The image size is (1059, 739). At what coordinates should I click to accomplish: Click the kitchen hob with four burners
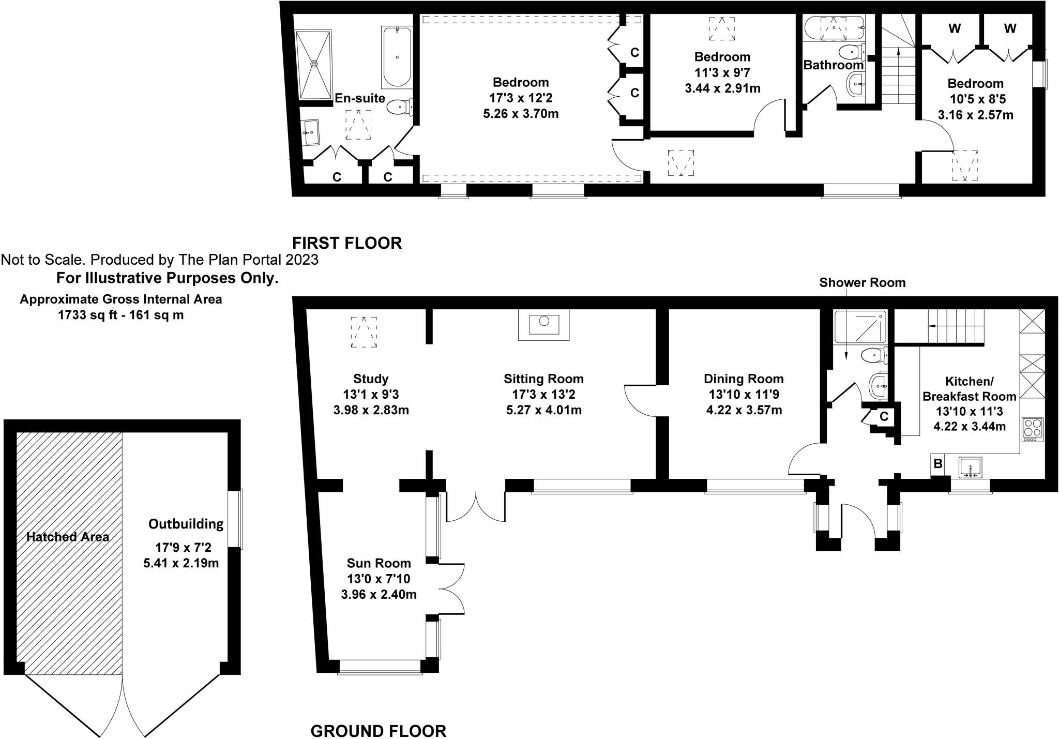[x=1033, y=429]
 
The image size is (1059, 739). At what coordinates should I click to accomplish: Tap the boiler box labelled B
[x=937, y=464]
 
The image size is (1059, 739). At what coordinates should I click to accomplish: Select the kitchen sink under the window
[x=970, y=467]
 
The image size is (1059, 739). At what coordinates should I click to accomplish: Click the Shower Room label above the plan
[x=862, y=282]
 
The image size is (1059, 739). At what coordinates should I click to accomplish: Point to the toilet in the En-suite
[x=400, y=107]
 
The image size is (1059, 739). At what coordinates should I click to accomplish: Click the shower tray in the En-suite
[x=313, y=64]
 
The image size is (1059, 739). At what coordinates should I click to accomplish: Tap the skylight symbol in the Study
[x=364, y=332]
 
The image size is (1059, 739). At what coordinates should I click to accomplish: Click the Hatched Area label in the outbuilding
[x=68, y=537]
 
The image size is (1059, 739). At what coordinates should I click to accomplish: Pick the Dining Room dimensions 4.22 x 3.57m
[x=744, y=411]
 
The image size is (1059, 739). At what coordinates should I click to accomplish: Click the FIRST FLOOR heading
[x=346, y=243]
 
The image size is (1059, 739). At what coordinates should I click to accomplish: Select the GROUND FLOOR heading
[x=378, y=716]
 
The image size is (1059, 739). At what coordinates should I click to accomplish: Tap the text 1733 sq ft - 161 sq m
[x=120, y=314]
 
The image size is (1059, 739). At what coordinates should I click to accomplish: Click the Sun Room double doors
[x=451, y=589]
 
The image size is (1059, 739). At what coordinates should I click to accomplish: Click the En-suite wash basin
[x=311, y=132]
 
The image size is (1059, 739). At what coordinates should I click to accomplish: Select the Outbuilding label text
[x=186, y=524]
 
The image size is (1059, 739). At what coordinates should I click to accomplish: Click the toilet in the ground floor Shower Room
[x=874, y=355]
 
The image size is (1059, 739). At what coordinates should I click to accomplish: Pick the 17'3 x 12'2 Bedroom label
[x=521, y=98]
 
